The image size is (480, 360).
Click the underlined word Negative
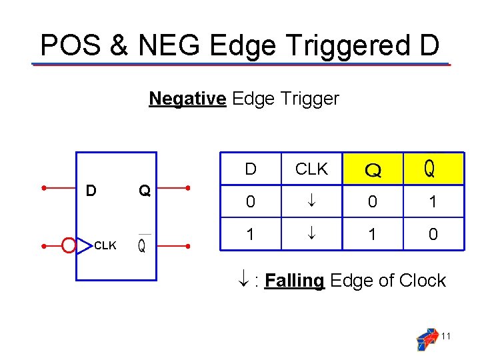(187, 99)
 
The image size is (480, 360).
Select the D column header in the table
(250, 169)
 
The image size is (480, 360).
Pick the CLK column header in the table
(311, 169)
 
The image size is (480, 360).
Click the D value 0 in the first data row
(250, 201)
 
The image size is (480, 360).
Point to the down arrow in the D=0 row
(311, 201)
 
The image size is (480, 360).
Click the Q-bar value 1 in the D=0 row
(433, 201)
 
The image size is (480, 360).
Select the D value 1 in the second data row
(250, 235)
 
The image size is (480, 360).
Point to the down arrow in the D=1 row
(311, 235)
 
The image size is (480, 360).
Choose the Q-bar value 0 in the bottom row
(433, 235)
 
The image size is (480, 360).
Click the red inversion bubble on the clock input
(68, 246)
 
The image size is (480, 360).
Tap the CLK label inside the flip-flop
(105, 246)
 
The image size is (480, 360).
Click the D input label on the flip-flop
(91, 191)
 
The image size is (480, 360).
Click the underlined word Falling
(294, 281)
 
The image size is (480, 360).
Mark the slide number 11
(446, 336)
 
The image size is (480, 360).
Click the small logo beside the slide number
(426, 339)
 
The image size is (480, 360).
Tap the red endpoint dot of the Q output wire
(189, 187)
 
